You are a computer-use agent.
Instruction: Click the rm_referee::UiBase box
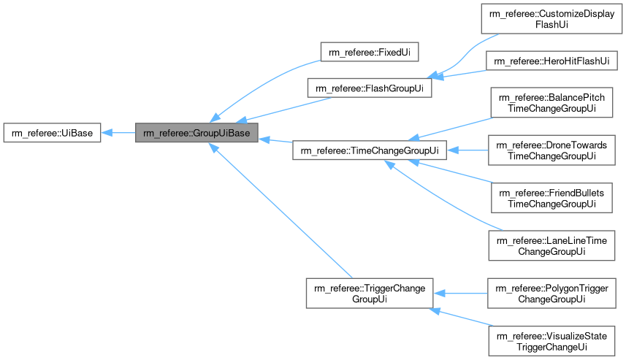51,133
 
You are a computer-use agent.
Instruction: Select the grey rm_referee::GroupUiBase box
196,133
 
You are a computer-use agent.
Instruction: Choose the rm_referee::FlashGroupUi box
370,88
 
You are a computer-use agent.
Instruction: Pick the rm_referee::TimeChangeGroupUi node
370,151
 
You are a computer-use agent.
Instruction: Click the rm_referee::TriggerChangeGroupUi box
370,293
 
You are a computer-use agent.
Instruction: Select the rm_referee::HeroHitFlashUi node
551,61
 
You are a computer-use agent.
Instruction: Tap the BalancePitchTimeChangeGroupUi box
551,103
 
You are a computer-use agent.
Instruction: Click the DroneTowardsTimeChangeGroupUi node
551,151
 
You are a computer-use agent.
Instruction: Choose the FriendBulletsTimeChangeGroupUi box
551,199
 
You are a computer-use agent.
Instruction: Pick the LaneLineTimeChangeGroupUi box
551,245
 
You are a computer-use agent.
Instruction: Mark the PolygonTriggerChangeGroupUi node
551,293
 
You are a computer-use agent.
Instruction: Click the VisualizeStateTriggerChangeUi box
551,340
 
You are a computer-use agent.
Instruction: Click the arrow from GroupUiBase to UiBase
118,133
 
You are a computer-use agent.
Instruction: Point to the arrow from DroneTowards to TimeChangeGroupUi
467,151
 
